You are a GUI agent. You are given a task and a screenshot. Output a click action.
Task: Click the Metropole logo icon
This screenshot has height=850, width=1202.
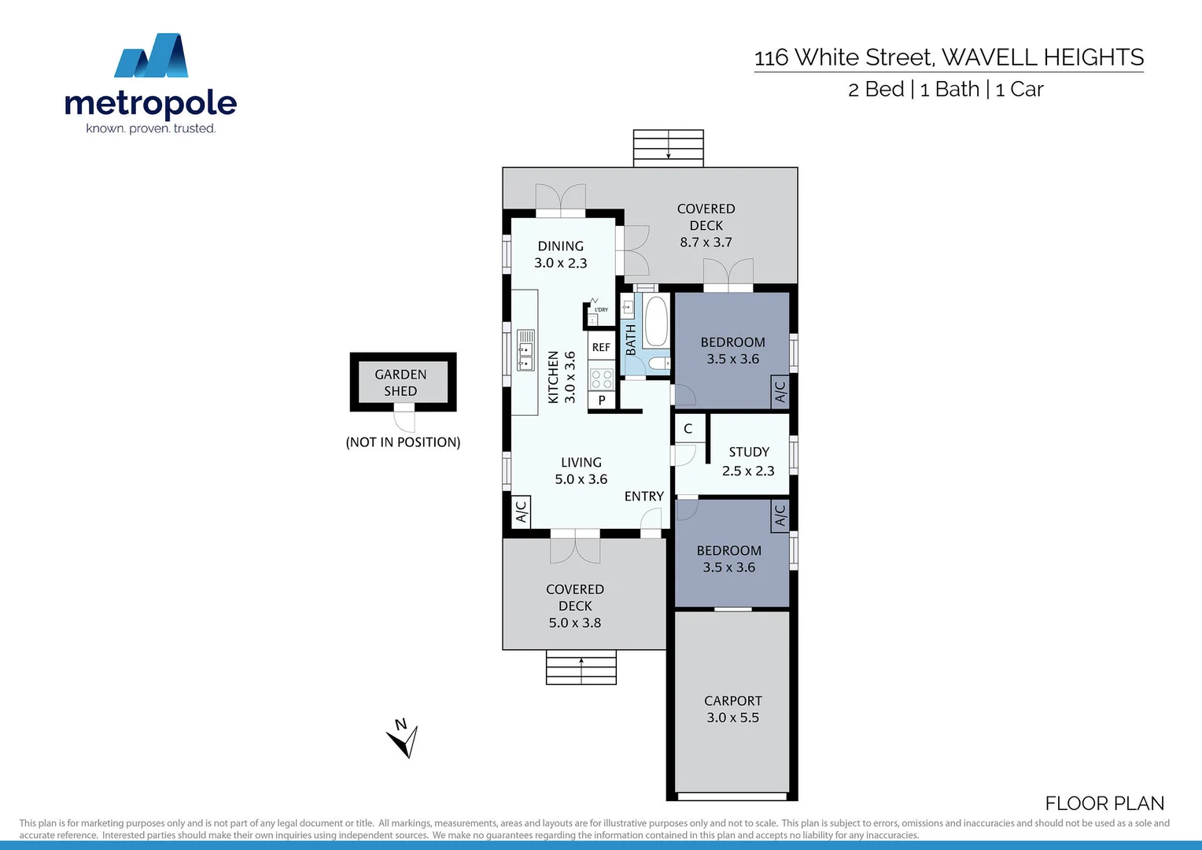coord(151,56)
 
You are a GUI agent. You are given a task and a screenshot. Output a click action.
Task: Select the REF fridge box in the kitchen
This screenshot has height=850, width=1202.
coord(601,347)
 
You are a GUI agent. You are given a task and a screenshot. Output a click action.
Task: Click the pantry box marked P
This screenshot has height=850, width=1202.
coord(602,400)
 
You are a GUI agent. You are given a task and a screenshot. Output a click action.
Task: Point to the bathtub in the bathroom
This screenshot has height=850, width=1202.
coord(655,321)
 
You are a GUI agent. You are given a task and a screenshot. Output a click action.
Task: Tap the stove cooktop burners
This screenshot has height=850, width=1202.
coord(602,379)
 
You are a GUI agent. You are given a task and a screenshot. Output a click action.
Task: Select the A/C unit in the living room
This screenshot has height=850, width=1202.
coord(521,512)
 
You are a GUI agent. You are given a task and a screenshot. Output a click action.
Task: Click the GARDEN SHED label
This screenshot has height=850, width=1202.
coord(401,382)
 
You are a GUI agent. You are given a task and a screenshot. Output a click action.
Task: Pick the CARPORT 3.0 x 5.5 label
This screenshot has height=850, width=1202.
coord(732,709)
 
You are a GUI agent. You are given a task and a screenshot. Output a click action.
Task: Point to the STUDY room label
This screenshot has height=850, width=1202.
coord(749,452)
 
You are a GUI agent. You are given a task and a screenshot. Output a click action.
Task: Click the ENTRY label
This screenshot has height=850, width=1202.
coord(644,497)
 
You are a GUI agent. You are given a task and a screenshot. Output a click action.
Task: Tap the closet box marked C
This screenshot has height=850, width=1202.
coord(688,428)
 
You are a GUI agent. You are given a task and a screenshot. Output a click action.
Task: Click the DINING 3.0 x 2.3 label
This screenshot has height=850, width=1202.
coord(561,254)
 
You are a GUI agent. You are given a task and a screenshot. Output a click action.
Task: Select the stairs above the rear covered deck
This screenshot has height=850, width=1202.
coord(668,148)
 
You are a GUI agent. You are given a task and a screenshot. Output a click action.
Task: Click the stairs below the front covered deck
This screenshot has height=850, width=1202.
coord(581,668)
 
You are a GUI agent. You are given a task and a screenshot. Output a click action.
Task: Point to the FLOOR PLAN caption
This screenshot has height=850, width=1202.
coord(1104,804)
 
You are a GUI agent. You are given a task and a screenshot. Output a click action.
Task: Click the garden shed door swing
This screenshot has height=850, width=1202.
coord(404,419)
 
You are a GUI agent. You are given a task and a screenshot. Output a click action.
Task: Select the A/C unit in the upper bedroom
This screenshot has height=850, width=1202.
coord(780,391)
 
